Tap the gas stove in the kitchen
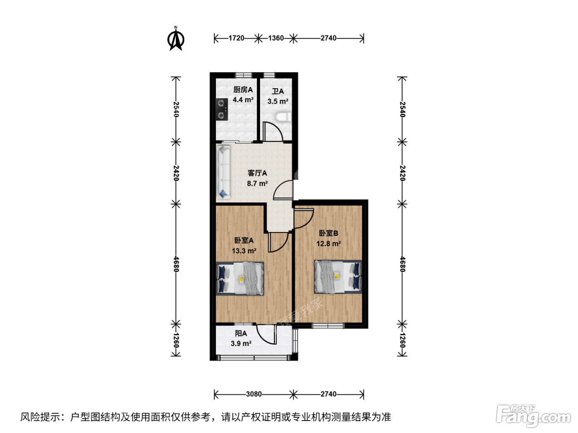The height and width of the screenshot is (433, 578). pyautogui.click(x=222, y=109)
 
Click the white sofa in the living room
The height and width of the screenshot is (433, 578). pyautogui.click(x=224, y=172)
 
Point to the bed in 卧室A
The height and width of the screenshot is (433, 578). pyautogui.click(x=240, y=278)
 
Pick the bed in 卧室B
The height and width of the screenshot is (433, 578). pyautogui.click(x=338, y=277)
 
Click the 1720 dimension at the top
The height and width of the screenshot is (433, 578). pyautogui.click(x=236, y=38)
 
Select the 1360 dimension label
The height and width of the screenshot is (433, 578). pyautogui.click(x=276, y=38)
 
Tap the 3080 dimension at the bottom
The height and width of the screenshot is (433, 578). pyautogui.click(x=254, y=394)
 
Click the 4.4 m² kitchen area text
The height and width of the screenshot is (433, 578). pyautogui.click(x=243, y=100)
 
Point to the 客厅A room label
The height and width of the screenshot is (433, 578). pyautogui.click(x=257, y=173)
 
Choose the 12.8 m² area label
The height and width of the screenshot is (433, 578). pyautogui.click(x=328, y=244)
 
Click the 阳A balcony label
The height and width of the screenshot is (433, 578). pyautogui.click(x=241, y=334)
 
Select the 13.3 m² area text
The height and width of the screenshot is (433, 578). pyautogui.click(x=244, y=251)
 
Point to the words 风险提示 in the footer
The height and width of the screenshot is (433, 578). pyautogui.click(x=40, y=417)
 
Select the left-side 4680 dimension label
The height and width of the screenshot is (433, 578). pyautogui.click(x=176, y=264)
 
